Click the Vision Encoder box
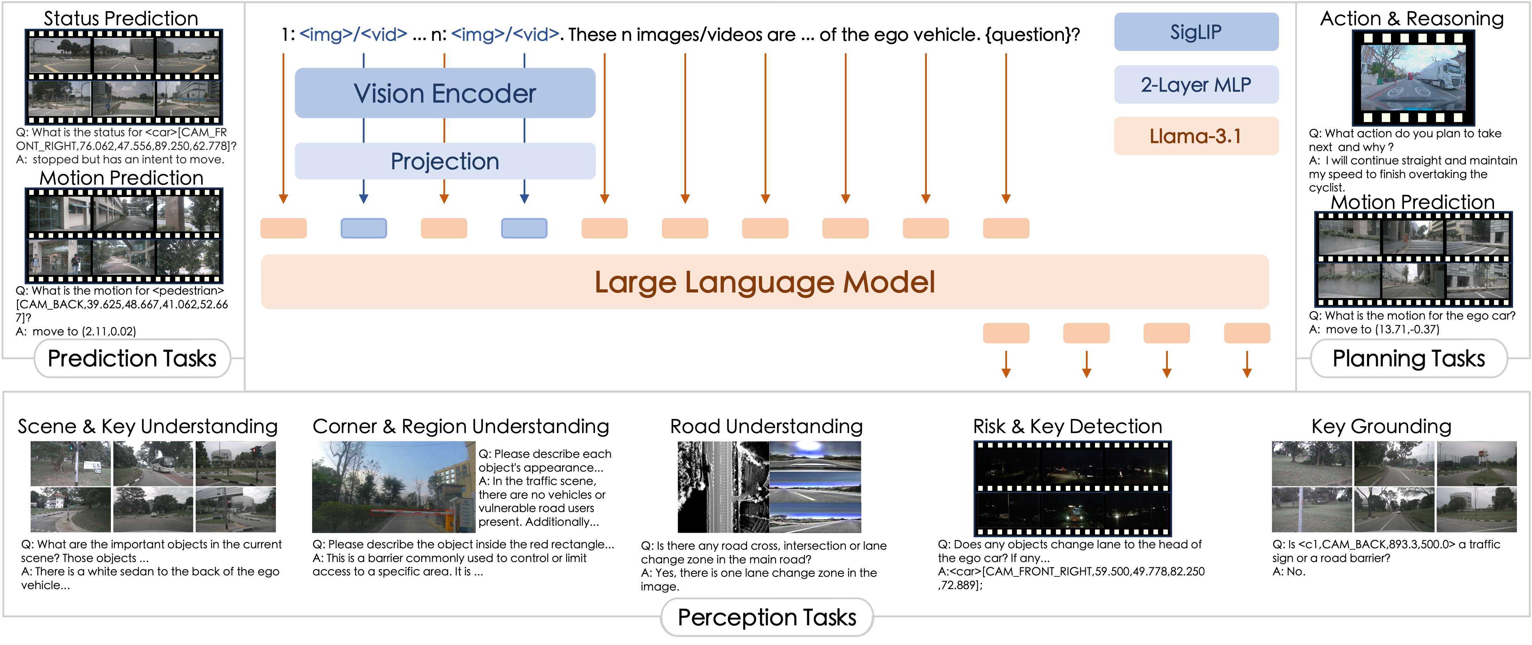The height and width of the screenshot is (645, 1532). [445, 93]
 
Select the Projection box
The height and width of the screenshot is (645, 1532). [445, 161]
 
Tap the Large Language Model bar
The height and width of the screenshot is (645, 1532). [765, 282]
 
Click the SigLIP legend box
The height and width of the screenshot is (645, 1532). [1196, 32]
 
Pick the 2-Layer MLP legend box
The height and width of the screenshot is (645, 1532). [1196, 84]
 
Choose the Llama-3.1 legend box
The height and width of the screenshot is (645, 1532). [1196, 136]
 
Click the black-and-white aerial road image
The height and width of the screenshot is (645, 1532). [723, 487]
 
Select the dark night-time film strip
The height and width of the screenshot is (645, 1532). [1072, 488]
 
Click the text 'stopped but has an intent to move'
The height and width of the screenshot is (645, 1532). [128, 159]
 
